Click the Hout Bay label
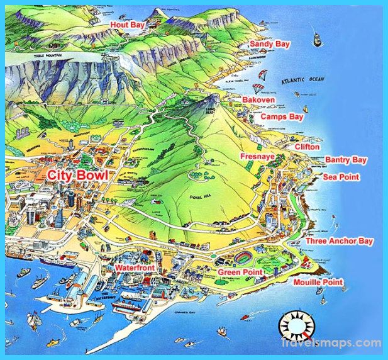click(x=128, y=25)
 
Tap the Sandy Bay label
click(x=270, y=44)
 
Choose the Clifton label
click(x=307, y=147)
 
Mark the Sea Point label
click(x=341, y=177)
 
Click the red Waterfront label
click(x=135, y=267)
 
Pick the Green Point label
click(x=240, y=272)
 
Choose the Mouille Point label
click(x=318, y=282)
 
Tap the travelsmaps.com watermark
click(x=340, y=344)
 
